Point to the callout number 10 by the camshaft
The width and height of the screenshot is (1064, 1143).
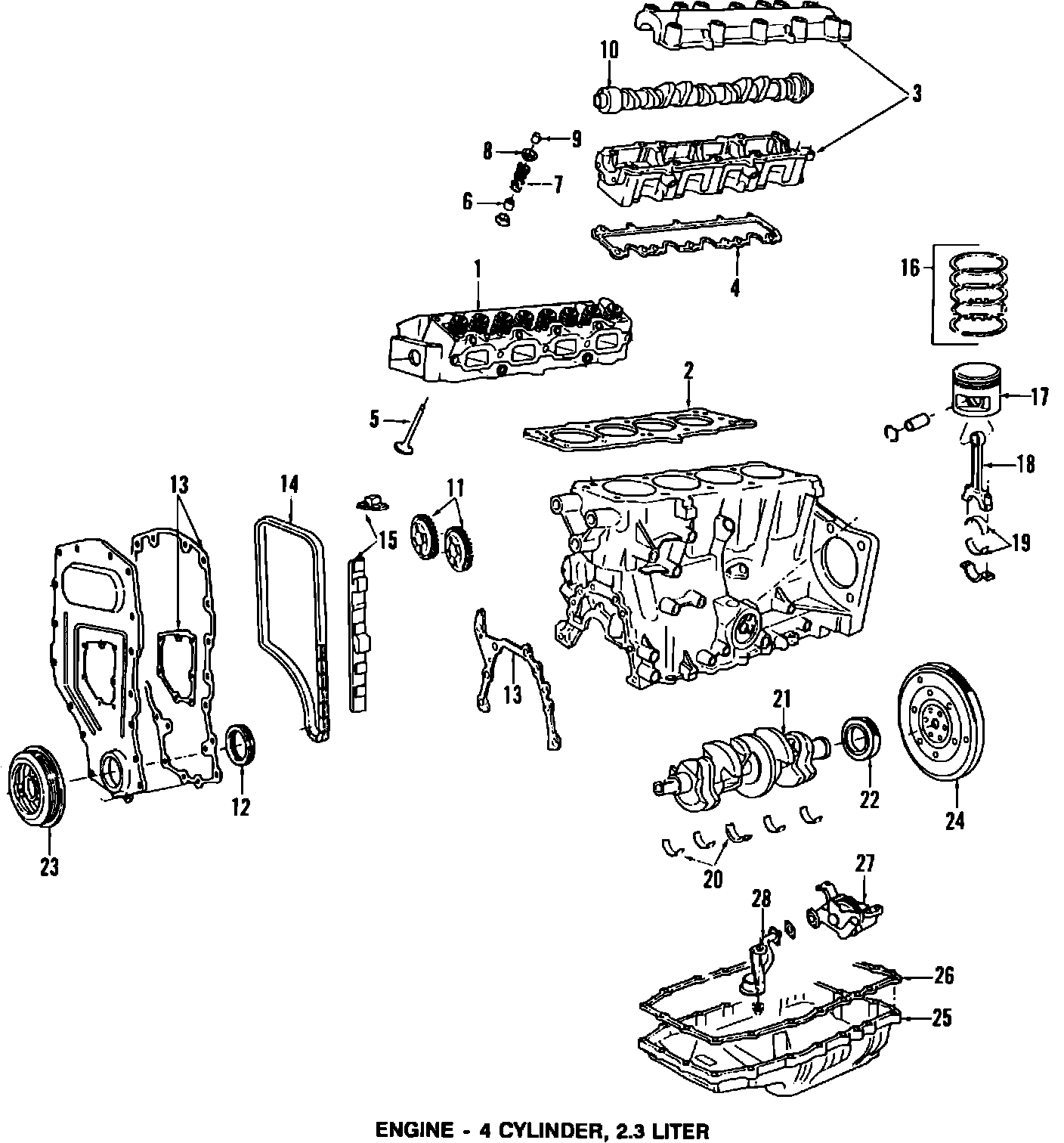pyautogui.click(x=609, y=51)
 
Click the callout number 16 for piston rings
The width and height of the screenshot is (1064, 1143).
pyautogui.click(x=911, y=268)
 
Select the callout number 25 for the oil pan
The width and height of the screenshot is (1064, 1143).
pyautogui.click(x=942, y=1018)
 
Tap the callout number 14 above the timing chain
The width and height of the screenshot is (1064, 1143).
pyautogui.click(x=289, y=483)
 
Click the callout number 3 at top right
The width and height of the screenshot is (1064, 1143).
pyautogui.click(x=915, y=94)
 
